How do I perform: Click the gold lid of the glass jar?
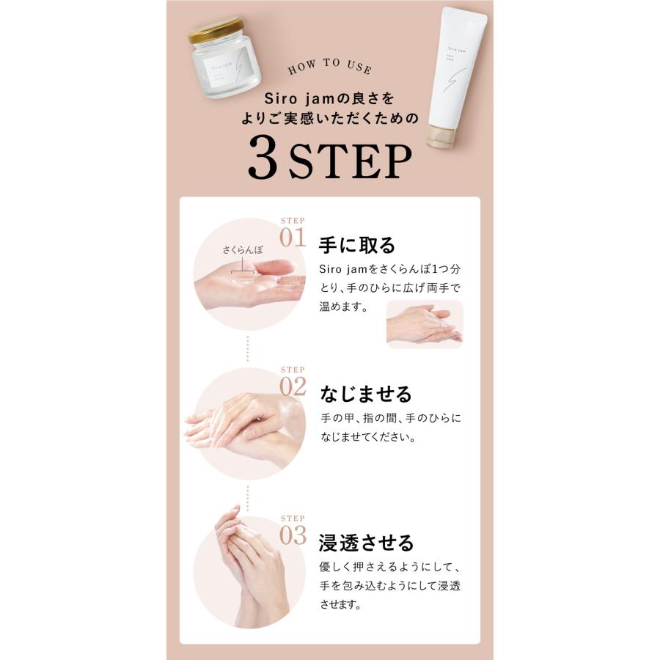click(215, 31)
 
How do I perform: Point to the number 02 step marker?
click(293, 386)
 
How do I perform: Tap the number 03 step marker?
click(293, 535)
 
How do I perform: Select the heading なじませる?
click(366, 394)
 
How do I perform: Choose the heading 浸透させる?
click(367, 543)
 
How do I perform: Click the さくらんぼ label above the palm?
click(242, 251)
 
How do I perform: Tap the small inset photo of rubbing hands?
click(425, 324)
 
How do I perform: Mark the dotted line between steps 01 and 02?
click(249, 348)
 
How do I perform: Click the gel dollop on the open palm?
click(242, 279)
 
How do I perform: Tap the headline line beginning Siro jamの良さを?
click(330, 98)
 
